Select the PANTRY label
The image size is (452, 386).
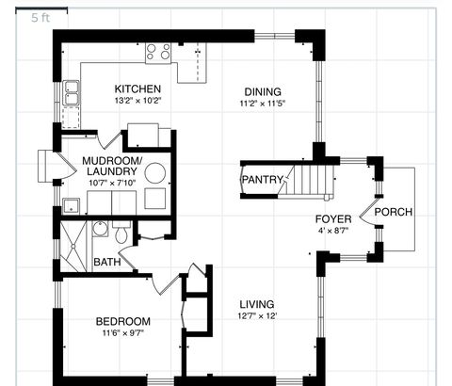261,179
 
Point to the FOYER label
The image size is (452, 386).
332,218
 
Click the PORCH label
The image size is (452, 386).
393,211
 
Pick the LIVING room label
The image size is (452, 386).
256,304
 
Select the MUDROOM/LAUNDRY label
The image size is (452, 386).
111,166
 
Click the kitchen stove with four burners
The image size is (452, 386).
158,52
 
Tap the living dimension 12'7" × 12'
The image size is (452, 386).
256,316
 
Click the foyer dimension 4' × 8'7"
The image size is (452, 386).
332,230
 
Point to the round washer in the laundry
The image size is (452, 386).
156,173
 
